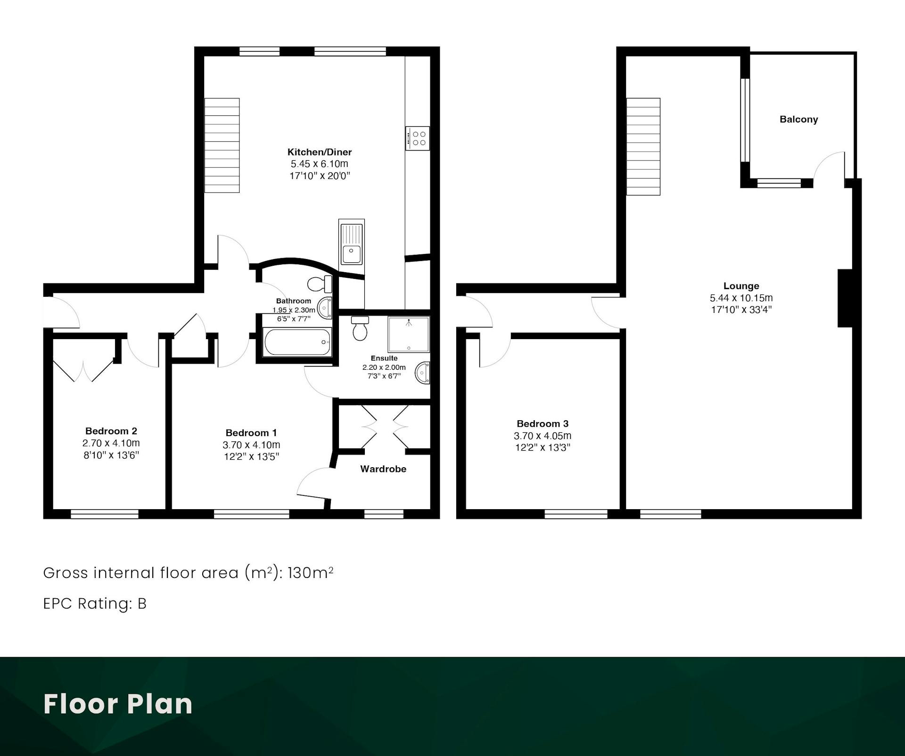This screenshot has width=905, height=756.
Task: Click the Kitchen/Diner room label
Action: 320,152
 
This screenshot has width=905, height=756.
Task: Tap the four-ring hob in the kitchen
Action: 418,138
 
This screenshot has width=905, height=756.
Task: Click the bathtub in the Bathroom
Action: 297,342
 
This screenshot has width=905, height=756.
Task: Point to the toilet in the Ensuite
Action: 360,328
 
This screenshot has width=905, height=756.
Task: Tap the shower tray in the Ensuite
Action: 409,334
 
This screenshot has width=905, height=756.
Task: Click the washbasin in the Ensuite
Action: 422,373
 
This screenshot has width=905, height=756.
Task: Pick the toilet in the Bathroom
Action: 320,284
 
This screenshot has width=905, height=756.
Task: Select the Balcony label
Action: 798,119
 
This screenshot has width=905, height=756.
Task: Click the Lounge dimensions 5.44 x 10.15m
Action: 741,298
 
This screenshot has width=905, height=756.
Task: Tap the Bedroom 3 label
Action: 543,423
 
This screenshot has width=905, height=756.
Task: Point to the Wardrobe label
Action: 383,469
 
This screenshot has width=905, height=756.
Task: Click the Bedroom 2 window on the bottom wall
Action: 105,514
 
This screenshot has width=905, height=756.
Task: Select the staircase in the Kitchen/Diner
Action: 222,145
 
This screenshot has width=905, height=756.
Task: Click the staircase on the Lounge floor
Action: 643,146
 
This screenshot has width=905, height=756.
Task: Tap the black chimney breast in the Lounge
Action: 845,298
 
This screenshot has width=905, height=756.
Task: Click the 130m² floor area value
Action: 310,572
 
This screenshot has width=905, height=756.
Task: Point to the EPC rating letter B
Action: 142,603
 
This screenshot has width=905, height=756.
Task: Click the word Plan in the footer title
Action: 160,704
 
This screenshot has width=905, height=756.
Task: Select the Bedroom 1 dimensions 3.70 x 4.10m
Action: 251,445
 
